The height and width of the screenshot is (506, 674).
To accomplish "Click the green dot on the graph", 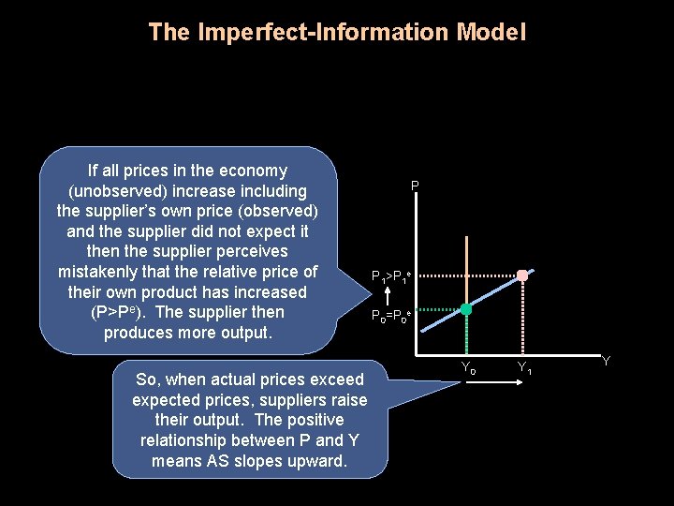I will pos(465,309).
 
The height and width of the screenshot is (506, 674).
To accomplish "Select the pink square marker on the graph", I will pos(523,275).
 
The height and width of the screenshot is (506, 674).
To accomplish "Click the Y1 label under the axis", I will pos(525,368).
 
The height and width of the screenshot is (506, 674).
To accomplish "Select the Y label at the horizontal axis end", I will pos(607,361).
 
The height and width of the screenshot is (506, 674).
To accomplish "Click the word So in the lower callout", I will pos(145,379).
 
